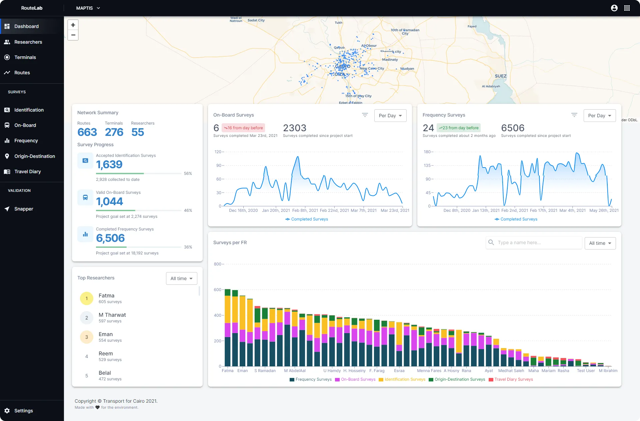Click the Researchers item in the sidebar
tap(28, 42)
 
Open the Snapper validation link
tap(23, 209)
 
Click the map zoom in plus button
tap(73, 25)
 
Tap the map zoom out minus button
tap(73, 35)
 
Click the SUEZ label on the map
tap(500, 76)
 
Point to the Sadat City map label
tap(256, 20)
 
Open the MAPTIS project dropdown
tap(88, 8)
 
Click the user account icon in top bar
tap(614, 8)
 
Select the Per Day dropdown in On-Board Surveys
tap(390, 116)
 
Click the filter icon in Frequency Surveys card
tap(574, 115)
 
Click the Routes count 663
tap(87, 132)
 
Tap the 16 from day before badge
tap(243, 128)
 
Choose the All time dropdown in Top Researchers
tap(181, 278)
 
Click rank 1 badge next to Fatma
tap(87, 298)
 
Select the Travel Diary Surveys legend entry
tap(511, 379)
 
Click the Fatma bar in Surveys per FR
tap(228, 333)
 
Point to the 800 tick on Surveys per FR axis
tap(217, 264)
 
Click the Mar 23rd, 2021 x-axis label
tap(395, 210)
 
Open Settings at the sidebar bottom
tap(23, 411)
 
